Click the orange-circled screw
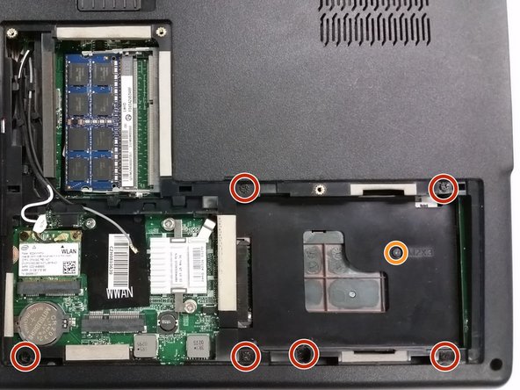[397, 253]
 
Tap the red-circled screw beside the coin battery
[26, 356]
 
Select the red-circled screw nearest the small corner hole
[445, 354]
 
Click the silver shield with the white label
[178, 264]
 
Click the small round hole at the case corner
[496, 364]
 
